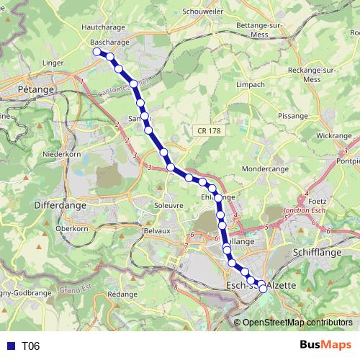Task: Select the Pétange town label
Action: coord(36,89)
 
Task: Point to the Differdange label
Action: coord(60,204)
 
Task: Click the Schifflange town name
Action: coord(318,252)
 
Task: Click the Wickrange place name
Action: coord(333,135)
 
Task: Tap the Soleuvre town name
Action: coord(168,205)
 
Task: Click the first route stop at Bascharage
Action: coord(96,51)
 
